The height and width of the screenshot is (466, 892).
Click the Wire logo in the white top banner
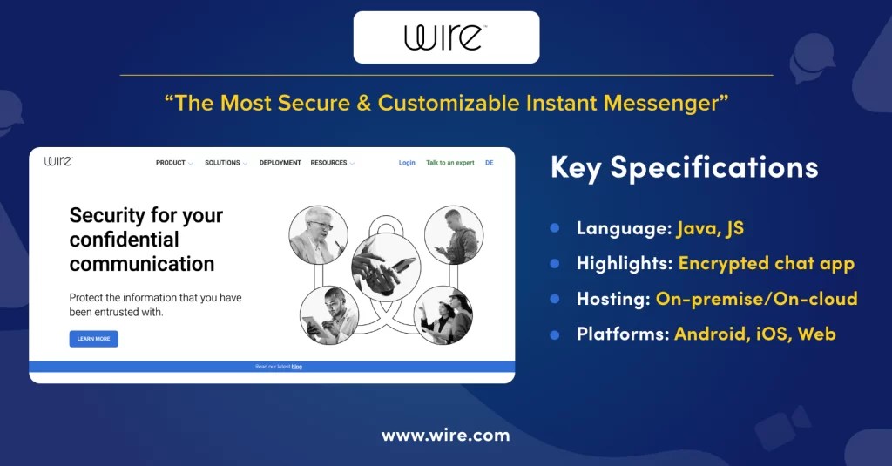coord(445,37)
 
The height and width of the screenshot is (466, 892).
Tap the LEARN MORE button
coord(93,339)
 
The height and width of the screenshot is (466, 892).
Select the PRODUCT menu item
coord(171,163)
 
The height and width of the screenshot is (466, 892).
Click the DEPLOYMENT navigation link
coord(280,163)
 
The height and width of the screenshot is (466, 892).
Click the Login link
coord(407,163)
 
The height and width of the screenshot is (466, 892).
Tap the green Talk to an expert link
coord(449,163)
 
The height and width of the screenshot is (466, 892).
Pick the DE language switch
coord(489,163)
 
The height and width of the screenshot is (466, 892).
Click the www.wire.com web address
coord(445,436)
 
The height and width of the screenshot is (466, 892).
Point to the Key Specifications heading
coord(684,168)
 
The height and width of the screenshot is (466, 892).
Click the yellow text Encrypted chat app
coord(766,264)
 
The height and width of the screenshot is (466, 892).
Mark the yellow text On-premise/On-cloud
coord(756,299)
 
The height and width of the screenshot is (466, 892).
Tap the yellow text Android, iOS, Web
coord(754,334)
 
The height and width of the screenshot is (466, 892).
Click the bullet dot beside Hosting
coord(554,299)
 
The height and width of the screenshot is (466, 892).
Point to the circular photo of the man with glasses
coord(318,234)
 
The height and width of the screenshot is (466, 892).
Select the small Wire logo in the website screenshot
coord(57,161)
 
